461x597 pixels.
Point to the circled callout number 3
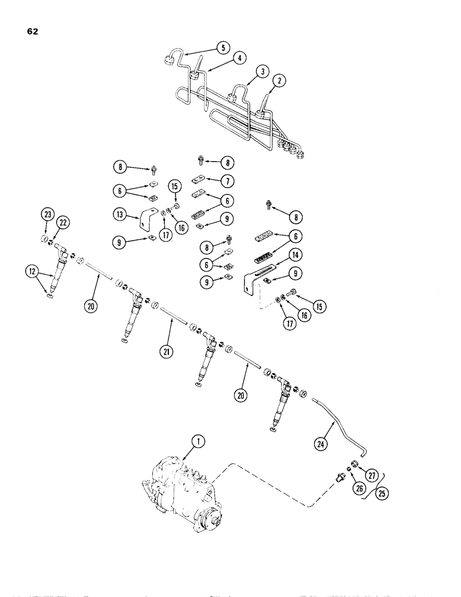pyautogui.click(x=260, y=71)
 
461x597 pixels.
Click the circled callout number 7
pyautogui.click(x=229, y=180)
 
